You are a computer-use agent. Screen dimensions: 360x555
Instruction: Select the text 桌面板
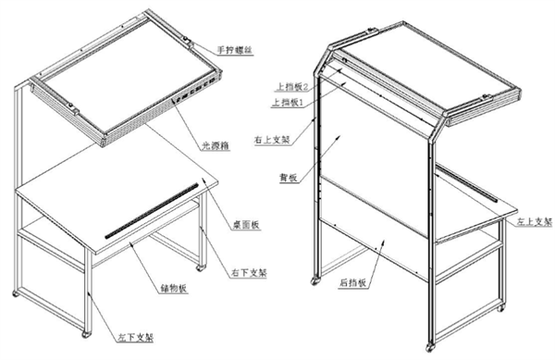click(x=246, y=224)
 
